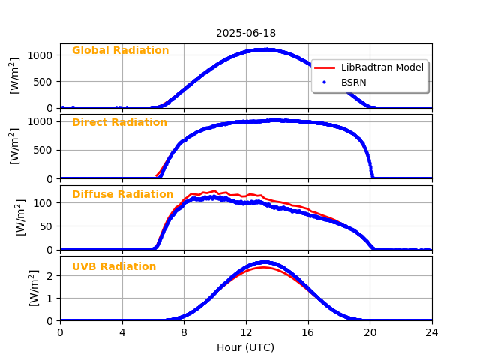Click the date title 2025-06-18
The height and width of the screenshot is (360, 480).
coord(246,33)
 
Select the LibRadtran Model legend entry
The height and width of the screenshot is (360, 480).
coord(382,67)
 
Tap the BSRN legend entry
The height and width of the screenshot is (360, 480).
coord(354,82)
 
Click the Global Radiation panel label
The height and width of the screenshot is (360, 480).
coord(120,51)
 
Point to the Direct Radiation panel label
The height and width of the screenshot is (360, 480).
coord(119,123)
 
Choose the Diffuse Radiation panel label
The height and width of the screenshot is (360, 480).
coord(122,195)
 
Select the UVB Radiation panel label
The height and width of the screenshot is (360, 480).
coord(114,267)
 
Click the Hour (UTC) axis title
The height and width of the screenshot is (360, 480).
coord(246,347)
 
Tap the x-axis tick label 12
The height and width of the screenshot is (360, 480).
coord(246,332)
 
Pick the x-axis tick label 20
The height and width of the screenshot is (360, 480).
coord(370,332)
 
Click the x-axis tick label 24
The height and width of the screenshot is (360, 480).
coord(432,332)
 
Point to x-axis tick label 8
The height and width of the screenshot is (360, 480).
coord(184,332)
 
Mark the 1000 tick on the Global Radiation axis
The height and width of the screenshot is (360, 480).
coord(40,55)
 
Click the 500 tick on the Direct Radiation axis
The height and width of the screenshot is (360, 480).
coord(43,150)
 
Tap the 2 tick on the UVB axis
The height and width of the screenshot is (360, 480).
coord(49,275)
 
